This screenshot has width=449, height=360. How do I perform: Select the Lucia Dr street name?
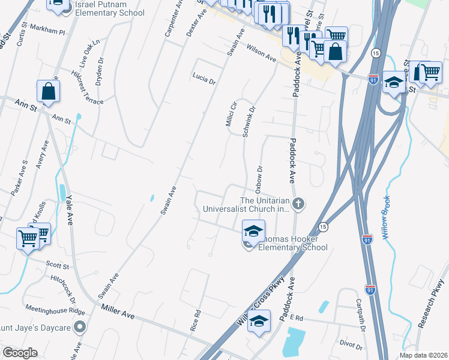(203, 79)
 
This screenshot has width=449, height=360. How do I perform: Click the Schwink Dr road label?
(249, 122)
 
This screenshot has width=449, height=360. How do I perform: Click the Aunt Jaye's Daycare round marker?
(79, 327)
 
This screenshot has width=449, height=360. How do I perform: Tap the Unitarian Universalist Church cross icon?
(298, 205)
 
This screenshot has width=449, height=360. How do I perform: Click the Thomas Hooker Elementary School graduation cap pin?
(253, 230)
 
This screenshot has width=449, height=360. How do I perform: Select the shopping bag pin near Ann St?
(48, 92)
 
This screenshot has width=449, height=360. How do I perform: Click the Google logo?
(20, 353)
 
